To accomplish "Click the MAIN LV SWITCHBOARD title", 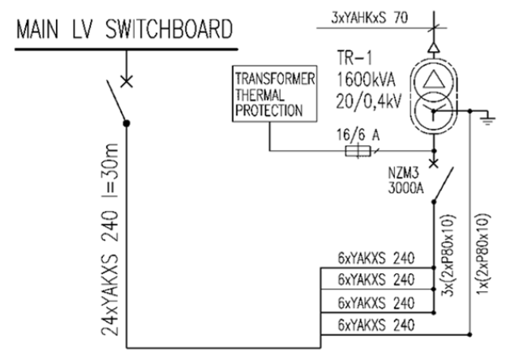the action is click(125, 28).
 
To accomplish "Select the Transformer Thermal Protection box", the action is click(274, 94).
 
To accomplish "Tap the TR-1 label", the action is click(354, 58).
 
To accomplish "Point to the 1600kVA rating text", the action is click(366, 79).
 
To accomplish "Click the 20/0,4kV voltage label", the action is click(369, 101).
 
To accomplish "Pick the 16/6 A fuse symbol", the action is click(358, 151).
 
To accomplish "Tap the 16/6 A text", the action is click(358, 135).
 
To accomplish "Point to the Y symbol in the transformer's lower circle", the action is click(434, 111).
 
